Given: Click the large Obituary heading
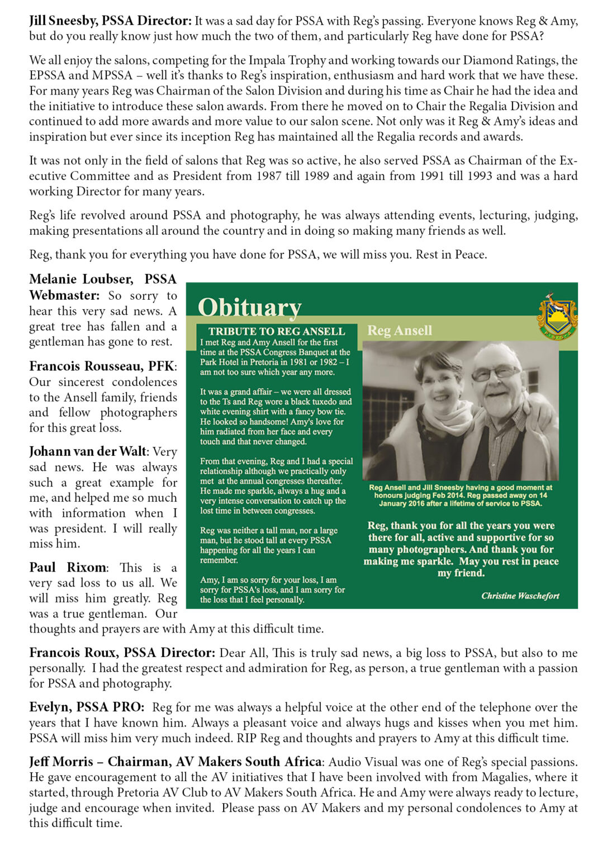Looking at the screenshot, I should (249, 307).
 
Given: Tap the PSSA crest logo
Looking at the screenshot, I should (556, 316).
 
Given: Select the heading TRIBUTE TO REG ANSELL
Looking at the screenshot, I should (277, 331).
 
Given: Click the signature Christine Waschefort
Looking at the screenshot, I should (520, 596).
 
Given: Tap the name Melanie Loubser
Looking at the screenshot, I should (81, 279).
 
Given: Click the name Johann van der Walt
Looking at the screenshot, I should (87, 451).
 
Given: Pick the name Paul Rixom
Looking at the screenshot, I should (68, 567).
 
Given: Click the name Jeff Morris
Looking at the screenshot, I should (61, 762).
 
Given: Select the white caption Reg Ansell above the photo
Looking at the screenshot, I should (399, 331).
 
